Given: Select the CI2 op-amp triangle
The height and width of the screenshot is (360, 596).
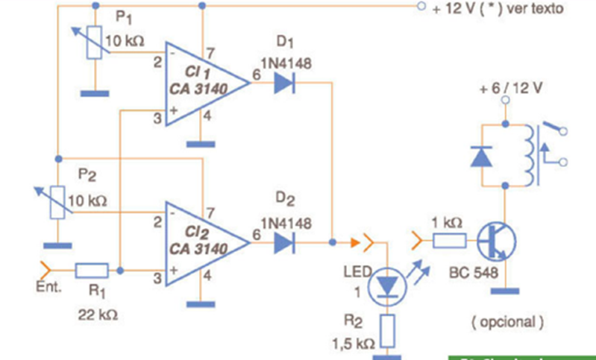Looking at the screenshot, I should coord(205,240).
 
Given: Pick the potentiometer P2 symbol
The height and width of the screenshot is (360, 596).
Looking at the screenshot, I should coord(57,201).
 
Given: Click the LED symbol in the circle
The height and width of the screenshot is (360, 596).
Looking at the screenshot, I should coord(387,285).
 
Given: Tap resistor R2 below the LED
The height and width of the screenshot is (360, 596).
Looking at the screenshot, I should coord(387,328).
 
